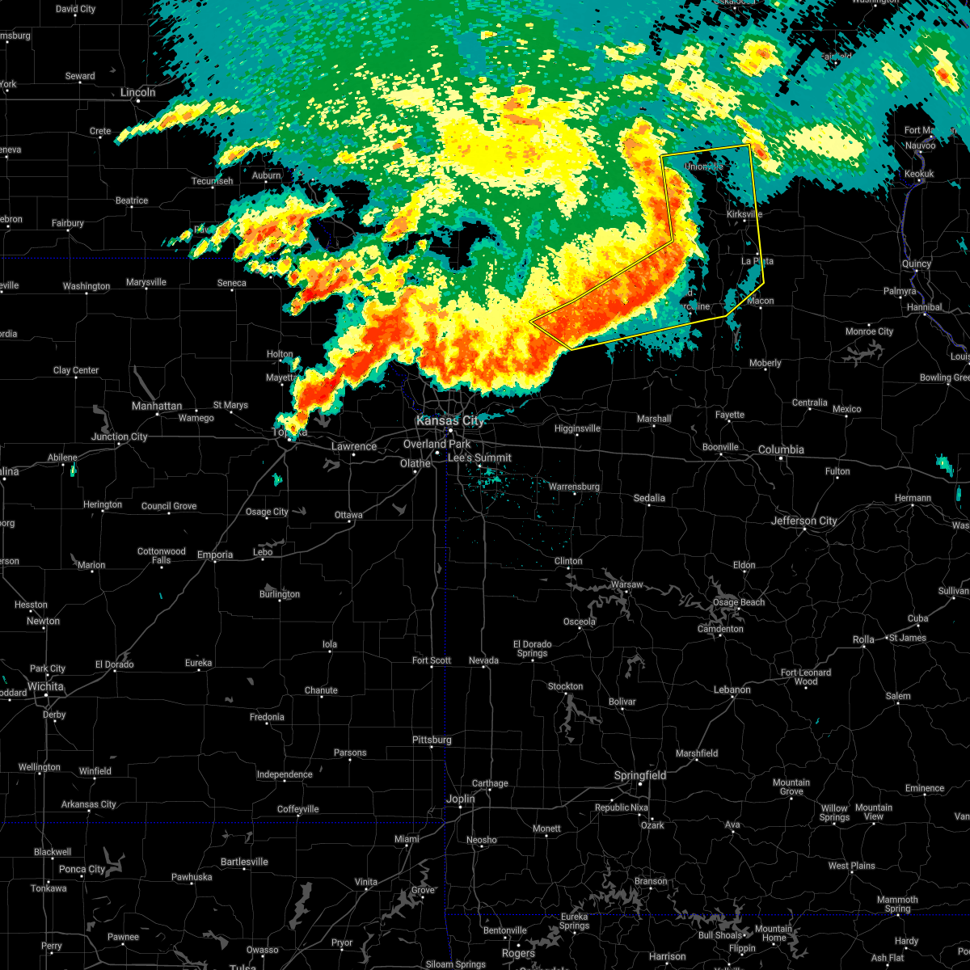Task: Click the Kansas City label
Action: click(x=449, y=421)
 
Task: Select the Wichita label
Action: click(x=45, y=686)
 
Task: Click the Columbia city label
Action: click(x=781, y=449)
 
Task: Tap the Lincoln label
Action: click(x=137, y=92)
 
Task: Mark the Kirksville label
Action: click(x=744, y=214)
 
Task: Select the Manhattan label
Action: click(x=157, y=406)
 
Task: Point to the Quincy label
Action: click(x=917, y=264)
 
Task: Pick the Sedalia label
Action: click(x=649, y=498)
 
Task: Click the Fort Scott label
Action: click(x=432, y=660)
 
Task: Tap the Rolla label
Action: click(x=863, y=639)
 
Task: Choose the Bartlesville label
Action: click(x=243, y=862)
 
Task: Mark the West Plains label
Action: click(x=851, y=866)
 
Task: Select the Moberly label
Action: click(x=765, y=363)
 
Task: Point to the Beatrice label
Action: click(x=132, y=200)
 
